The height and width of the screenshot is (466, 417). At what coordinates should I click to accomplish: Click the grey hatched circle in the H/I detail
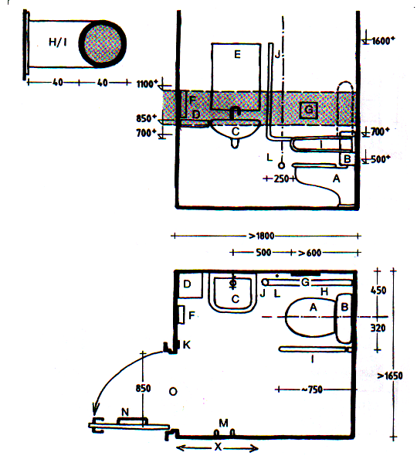[x=103, y=44]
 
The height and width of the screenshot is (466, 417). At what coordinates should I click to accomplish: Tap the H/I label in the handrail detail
[x=57, y=43]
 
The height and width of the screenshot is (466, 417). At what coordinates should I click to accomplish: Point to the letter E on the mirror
[x=237, y=54]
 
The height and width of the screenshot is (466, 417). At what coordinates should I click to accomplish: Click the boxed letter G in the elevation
[x=309, y=111]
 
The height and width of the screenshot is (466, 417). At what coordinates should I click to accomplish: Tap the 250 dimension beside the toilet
[x=281, y=179]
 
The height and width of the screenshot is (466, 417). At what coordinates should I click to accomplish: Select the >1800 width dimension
[x=261, y=236]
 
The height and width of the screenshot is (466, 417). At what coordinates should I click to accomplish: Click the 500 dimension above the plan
[x=263, y=252]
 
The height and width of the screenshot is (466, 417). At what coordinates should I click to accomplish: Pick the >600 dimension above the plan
[x=310, y=253]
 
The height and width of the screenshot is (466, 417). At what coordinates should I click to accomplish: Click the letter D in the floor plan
[x=187, y=284]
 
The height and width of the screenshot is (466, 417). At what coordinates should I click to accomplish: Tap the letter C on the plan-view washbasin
[x=236, y=298]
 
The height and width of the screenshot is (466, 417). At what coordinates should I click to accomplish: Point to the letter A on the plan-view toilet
[x=313, y=307]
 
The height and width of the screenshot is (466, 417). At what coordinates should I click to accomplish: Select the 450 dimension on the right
[x=378, y=290]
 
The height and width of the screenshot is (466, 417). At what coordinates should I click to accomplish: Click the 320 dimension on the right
[x=378, y=328]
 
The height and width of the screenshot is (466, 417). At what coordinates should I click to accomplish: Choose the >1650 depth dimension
[x=390, y=376]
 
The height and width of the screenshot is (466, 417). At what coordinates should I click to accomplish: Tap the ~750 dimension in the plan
[x=312, y=389]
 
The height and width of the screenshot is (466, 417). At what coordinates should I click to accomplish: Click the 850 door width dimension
[x=143, y=388]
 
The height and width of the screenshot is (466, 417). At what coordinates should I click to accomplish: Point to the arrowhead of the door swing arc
[x=95, y=410]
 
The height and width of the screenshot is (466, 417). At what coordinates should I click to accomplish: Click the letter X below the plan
[x=218, y=447]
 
